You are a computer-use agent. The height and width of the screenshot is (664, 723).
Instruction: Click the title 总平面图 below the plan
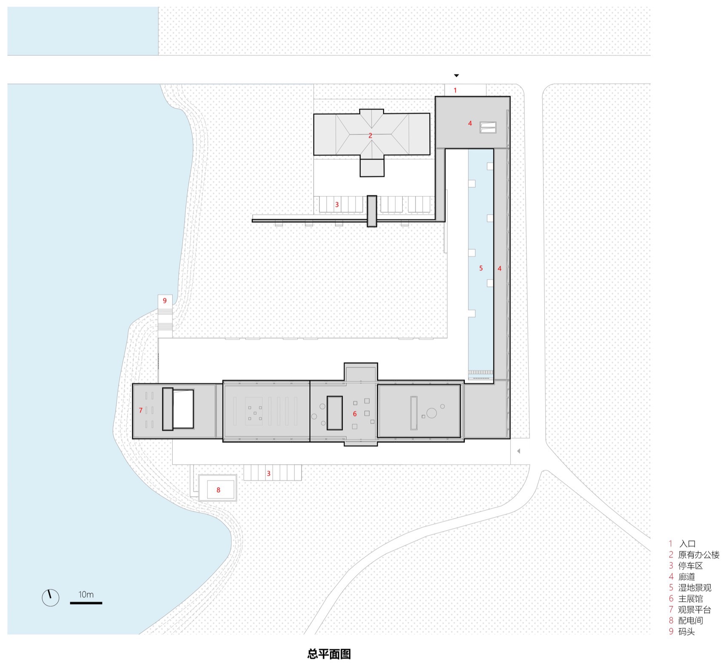click(x=329, y=654)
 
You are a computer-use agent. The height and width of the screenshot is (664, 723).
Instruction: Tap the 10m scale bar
click(x=86, y=602)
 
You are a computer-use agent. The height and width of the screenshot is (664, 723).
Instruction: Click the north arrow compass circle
click(x=50, y=598)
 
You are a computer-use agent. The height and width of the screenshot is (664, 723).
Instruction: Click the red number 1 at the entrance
click(x=455, y=90)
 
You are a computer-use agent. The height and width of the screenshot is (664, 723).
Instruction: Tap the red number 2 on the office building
click(x=370, y=136)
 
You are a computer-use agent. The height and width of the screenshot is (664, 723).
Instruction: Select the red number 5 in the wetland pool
click(x=481, y=268)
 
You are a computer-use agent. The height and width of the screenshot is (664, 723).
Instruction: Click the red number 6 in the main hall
click(x=355, y=414)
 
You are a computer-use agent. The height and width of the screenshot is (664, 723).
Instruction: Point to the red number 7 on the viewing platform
click(x=141, y=410)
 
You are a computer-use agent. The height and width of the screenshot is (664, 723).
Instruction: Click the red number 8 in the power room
click(x=218, y=490)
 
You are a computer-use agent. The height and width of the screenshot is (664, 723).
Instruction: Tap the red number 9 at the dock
click(x=165, y=301)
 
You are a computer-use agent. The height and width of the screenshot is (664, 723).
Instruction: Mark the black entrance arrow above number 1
click(x=456, y=76)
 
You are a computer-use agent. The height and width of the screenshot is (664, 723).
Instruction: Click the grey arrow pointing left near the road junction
click(x=518, y=451)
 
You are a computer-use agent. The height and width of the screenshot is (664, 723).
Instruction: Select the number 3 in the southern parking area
click(x=268, y=473)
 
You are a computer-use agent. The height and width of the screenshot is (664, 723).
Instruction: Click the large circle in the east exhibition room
click(x=431, y=413)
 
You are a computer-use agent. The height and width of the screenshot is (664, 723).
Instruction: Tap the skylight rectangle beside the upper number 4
click(x=488, y=127)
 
